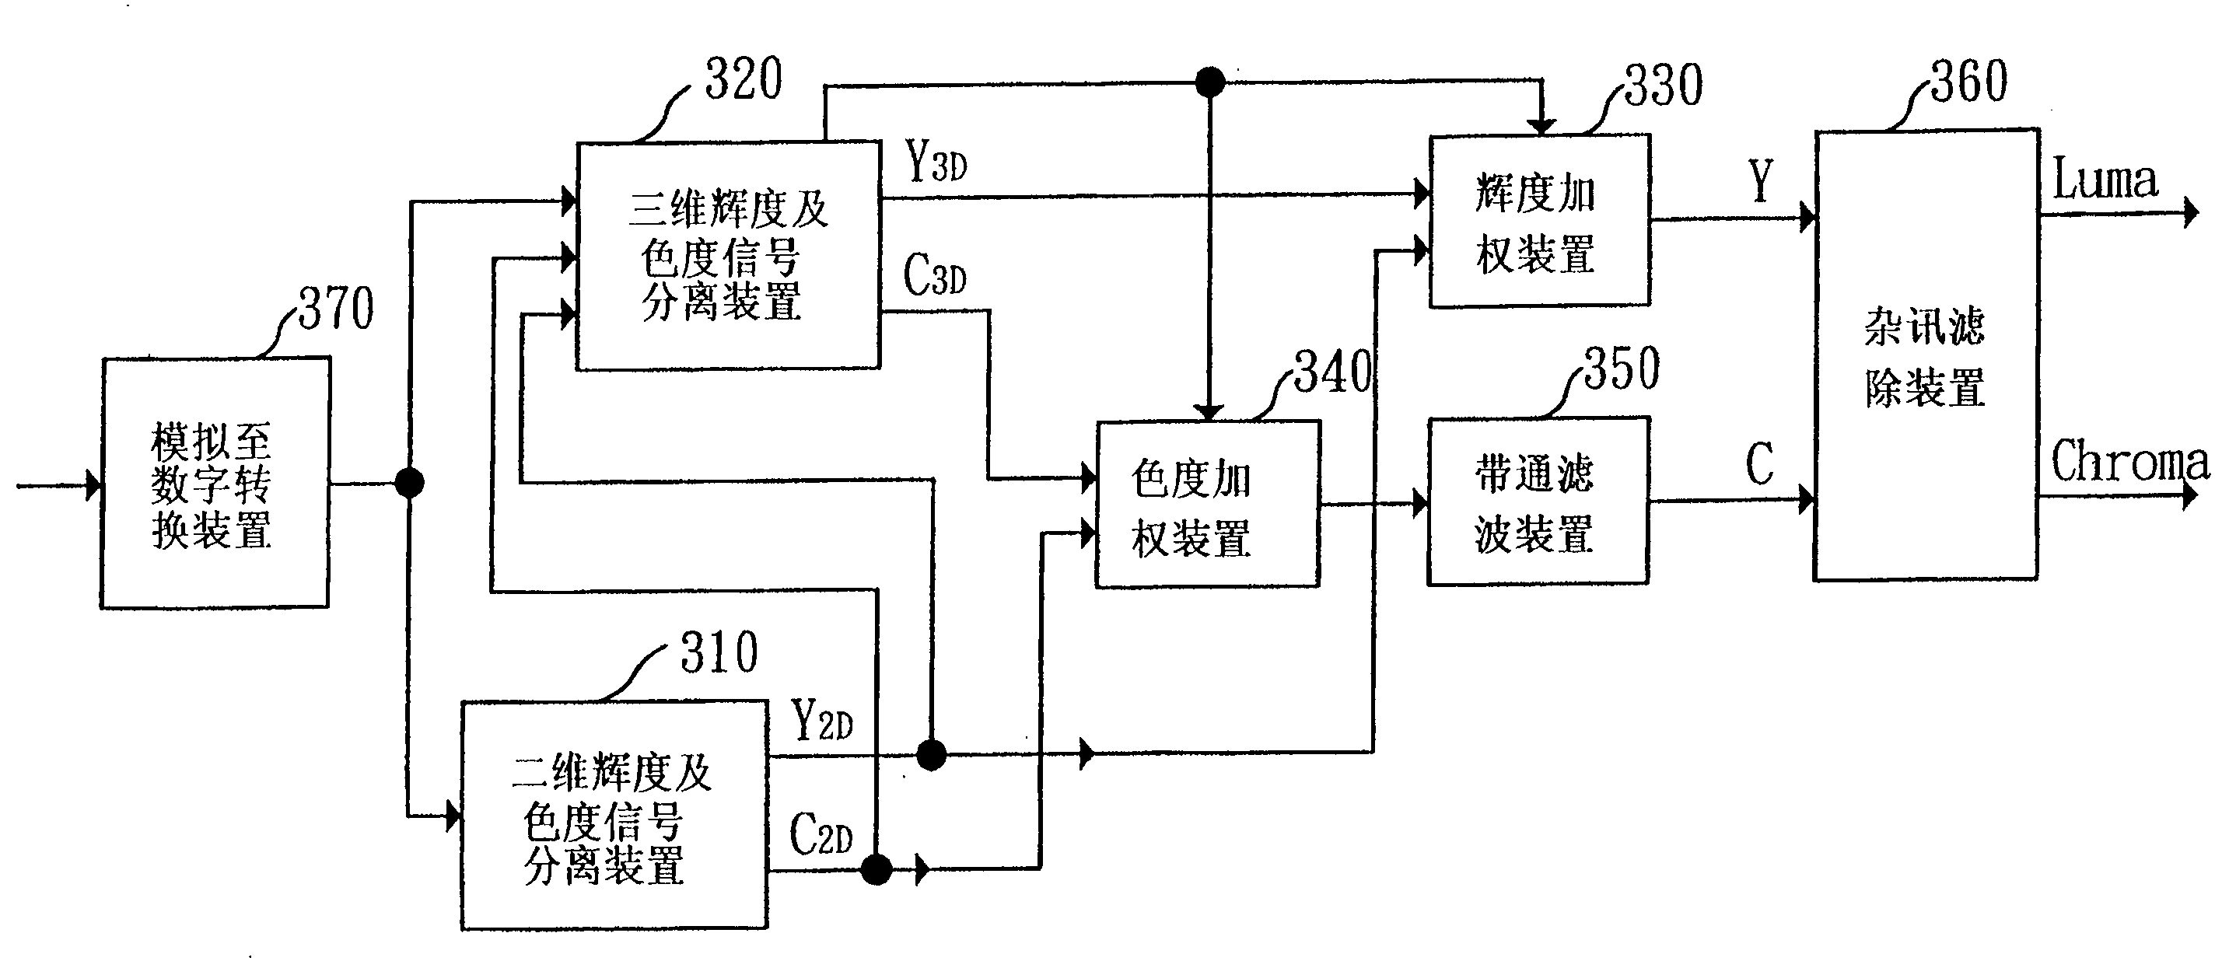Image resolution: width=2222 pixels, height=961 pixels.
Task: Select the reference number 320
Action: (x=744, y=79)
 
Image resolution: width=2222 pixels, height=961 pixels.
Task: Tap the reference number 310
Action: (x=719, y=652)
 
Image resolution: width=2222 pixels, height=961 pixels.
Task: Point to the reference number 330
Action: (x=1664, y=86)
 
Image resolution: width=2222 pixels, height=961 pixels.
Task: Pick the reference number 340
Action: (x=1333, y=372)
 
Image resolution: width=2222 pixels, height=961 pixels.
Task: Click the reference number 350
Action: (x=1622, y=369)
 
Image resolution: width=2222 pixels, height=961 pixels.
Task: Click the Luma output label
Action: (x=2105, y=180)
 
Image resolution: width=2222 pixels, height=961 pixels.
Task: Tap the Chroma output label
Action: (x=2129, y=462)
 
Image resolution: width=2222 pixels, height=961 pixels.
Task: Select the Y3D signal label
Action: (x=936, y=161)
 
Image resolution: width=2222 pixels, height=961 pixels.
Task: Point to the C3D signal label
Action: (x=934, y=275)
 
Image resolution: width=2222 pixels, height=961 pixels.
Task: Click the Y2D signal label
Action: (x=822, y=722)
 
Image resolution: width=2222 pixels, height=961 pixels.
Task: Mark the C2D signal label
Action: (x=821, y=834)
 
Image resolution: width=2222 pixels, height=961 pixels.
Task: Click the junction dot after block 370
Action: (x=409, y=482)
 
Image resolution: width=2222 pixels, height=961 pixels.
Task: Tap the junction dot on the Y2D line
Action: (x=931, y=755)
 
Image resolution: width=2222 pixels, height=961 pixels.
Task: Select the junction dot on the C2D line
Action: (x=877, y=868)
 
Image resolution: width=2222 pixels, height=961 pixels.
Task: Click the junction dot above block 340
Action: (x=1210, y=83)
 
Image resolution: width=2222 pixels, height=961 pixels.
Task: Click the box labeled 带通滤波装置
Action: (x=1538, y=502)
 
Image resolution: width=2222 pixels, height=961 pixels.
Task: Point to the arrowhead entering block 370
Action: (x=93, y=485)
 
